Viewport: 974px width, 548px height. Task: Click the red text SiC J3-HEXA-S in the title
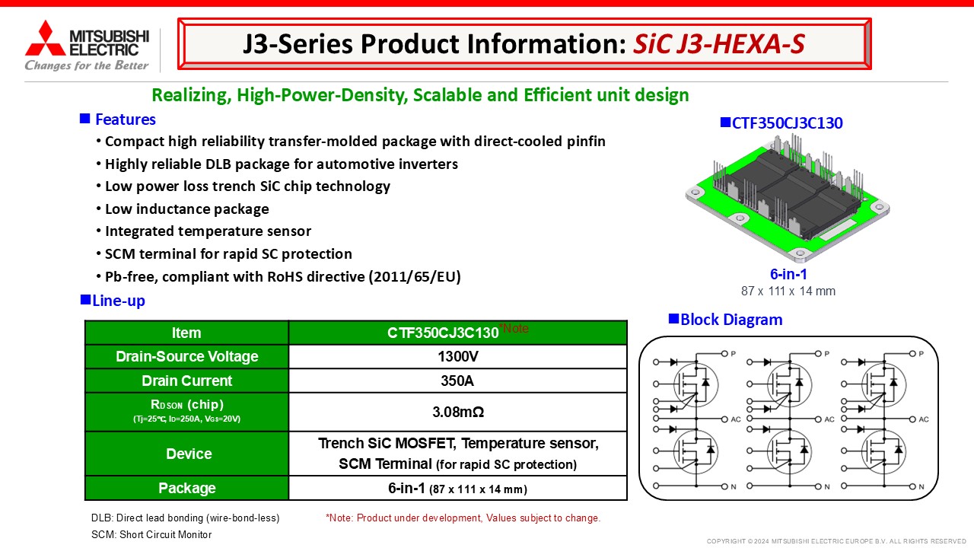point(719,44)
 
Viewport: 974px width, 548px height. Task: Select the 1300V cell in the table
point(458,357)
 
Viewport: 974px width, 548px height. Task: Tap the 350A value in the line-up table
point(457,381)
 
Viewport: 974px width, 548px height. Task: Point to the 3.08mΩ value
point(458,412)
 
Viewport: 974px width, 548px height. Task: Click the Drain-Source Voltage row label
point(187,357)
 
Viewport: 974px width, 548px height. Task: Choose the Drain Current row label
point(187,381)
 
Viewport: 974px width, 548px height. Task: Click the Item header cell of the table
point(186,333)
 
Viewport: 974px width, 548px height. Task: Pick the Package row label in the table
point(187,488)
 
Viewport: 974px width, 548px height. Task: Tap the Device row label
point(189,454)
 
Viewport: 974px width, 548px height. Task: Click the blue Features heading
point(126,119)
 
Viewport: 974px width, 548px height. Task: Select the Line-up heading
point(118,301)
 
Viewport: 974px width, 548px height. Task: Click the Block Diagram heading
point(731,320)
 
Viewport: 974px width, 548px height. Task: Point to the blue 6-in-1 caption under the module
point(788,275)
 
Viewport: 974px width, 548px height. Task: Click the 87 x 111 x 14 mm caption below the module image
point(788,291)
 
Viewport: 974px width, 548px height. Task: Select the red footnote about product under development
point(463,518)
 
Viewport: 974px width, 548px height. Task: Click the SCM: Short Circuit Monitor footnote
point(151,534)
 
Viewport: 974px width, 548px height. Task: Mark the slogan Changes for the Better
point(87,65)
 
